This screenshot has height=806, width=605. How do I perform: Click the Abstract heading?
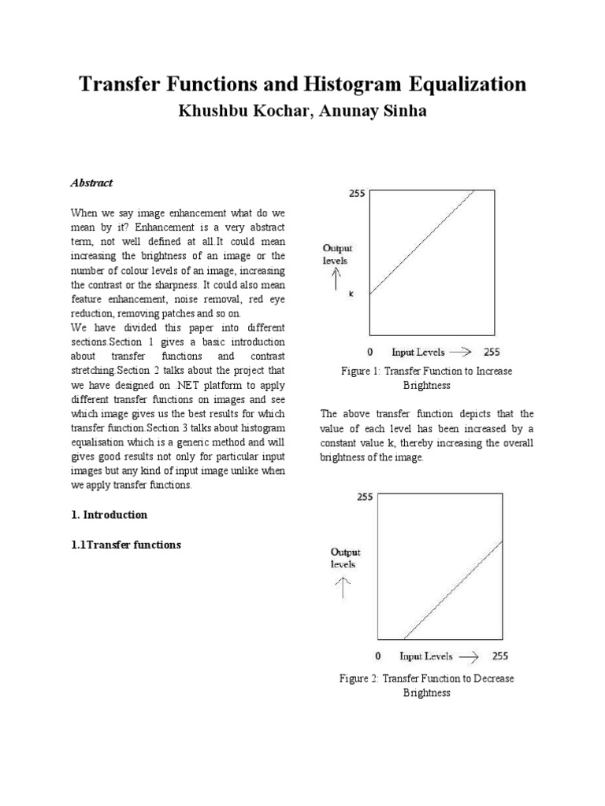click(92, 183)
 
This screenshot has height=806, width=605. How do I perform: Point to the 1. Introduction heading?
click(109, 515)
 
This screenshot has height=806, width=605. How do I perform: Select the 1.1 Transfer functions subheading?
click(125, 545)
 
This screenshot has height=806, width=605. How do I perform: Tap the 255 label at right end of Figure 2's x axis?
click(500, 655)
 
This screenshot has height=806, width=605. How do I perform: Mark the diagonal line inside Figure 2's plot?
click(453, 590)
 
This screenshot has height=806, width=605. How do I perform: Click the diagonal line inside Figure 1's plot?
click(421, 241)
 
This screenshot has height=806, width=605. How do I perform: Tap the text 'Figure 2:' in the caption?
click(359, 678)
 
